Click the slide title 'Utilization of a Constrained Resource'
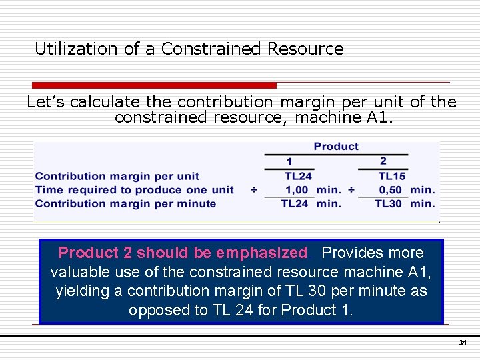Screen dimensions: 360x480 [x=189, y=49]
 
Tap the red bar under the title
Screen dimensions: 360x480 [x=155, y=85]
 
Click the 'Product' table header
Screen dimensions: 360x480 [x=336, y=147]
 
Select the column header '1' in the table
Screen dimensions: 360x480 [x=289, y=162]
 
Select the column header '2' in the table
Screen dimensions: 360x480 [x=383, y=161]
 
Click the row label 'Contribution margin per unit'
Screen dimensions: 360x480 [x=117, y=176]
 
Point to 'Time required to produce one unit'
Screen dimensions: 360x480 [x=134, y=190]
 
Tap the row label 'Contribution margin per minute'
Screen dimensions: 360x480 [x=125, y=204]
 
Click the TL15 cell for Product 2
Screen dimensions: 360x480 [x=392, y=176]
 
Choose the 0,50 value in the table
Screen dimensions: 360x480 [x=391, y=190]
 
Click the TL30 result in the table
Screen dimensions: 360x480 [x=389, y=204]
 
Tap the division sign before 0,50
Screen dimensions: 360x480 [x=351, y=190]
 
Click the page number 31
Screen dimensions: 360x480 [x=462, y=343]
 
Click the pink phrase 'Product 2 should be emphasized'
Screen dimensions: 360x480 [x=183, y=253]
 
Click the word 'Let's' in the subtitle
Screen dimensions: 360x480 [x=46, y=102]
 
